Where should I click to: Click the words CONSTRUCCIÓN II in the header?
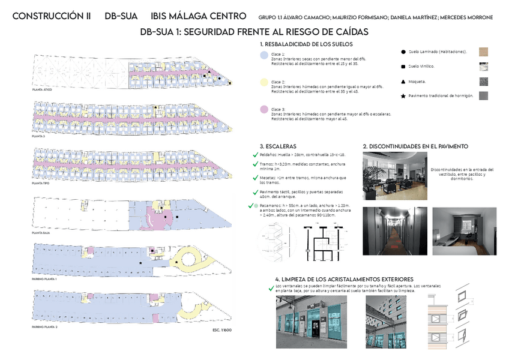(51, 16)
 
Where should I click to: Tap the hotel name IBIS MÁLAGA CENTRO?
(198, 16)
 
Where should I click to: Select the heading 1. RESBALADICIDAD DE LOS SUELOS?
(306, 44)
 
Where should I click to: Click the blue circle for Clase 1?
(264, 55)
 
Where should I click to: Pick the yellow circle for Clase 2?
(264, 82)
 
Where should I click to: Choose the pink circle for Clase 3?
(264, 109)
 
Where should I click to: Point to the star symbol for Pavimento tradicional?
(402, 95)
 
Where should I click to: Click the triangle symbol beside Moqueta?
(402, 81)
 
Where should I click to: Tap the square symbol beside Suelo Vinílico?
(402, 66)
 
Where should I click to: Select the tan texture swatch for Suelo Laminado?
(484, 52)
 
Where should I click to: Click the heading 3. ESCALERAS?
(278, 146)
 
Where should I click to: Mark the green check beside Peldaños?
(256, 155)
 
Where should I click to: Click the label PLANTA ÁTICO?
(43, 89)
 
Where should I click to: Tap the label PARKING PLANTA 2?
(45, 326)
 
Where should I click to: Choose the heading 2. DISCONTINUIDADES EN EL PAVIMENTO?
(415, 146)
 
